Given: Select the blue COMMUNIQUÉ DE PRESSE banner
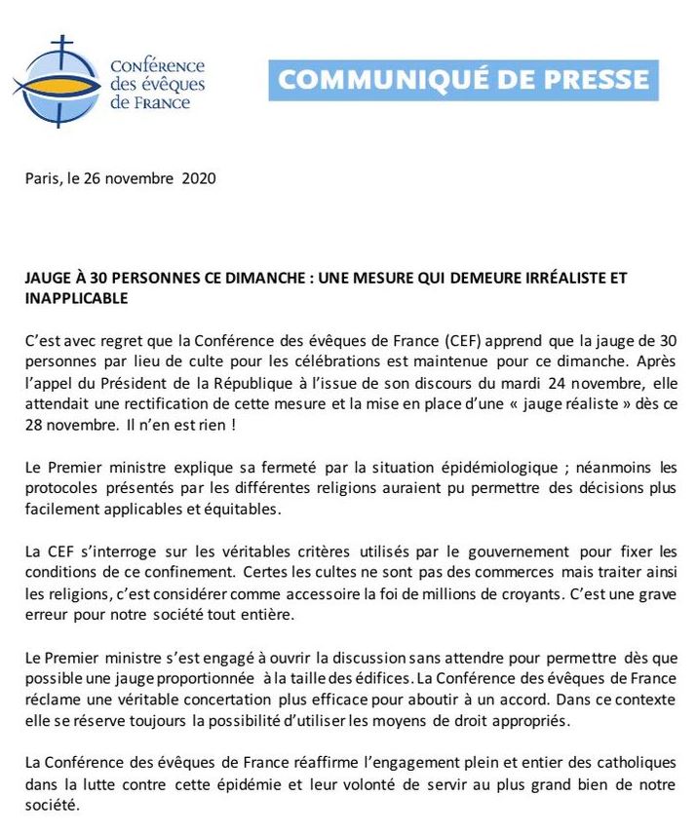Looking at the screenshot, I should (x=463, y=80).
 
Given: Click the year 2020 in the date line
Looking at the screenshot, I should (x=199, y=179).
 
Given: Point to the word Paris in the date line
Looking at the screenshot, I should (x=43, y=179).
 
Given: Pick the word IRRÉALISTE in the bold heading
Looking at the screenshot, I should (x=556, y=278).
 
